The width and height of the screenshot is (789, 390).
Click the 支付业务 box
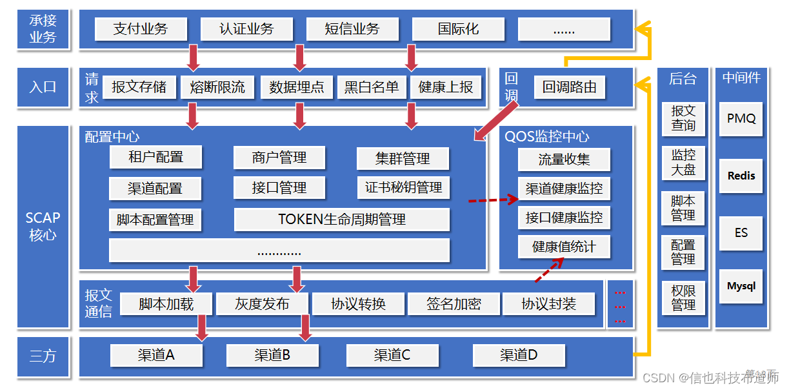pyautogui.click(x=141, y=29)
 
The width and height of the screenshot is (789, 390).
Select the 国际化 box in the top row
pyautogui.click(x=458, y=29)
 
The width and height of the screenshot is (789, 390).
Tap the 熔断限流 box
pyautogui.click(x=217, y=87)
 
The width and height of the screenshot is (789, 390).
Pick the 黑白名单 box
pyautogui.click(x=372, y=87)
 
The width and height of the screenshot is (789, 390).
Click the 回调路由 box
pyautogui.click(x=570, y=87)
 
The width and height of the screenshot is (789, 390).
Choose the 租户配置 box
pyautogui.click(x=155, y=157)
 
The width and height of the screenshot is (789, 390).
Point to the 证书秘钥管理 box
pyautogui.click(x=403, y=188)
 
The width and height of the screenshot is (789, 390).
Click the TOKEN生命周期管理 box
pyautogui.click(x=342, y=220)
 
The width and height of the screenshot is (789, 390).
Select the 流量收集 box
pyautogui.click(x=564, y=159)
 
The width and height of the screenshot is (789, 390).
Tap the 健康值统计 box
pyautogui.click(x=564, y=247)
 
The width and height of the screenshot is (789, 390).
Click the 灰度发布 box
pyautogui.click(x=262, y=304)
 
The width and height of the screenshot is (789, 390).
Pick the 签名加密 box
pyautogui.click(x=454, y=304)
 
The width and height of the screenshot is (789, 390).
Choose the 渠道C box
pyautogui.click(x=392, y=354)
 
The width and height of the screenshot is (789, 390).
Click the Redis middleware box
pyautogui.click(x=741, y=176)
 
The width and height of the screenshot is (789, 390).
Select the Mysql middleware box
pyautogui.click(x=741, y=286)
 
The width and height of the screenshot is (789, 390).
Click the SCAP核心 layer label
pyautogui.click(x=43, y=227)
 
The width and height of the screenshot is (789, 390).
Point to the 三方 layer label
pyautogui.click(x=43, y=355)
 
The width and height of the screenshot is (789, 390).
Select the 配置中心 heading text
pyautogui.click(x=112, y=137)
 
